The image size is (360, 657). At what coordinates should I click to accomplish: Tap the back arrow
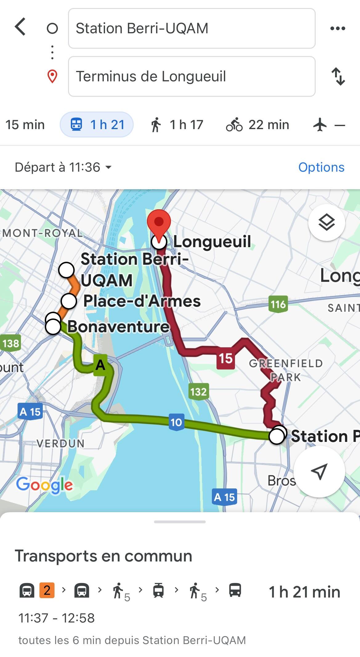click(x=20, y=27)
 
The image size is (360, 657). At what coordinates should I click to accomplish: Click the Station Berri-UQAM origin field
click(x=192, y=28)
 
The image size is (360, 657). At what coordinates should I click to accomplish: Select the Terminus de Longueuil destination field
click(x=192, y=76)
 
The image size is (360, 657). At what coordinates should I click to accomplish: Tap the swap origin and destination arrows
click(x=338, y=76)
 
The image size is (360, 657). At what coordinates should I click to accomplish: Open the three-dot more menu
click(x=338, y=28)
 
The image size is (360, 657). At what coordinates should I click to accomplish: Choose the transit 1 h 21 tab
click(x=97, y=125)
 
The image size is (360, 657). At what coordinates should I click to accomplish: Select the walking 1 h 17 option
click(x=177, y=125)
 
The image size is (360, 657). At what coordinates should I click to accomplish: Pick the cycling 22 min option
click(x=257, y=125)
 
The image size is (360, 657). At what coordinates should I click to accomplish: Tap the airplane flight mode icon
click(x=320, y=125)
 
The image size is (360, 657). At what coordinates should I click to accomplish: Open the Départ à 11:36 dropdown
click(x=63, y=167)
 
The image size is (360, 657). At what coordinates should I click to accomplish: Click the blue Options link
click(x=321, y=167)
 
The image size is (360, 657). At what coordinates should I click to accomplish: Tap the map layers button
click(x=326, y=222)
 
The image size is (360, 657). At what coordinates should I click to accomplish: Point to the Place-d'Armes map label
click(x=142, y=301)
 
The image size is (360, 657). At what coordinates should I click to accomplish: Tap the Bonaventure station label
click(x=118, y=326)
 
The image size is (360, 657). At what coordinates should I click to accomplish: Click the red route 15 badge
click(x=225, y=358)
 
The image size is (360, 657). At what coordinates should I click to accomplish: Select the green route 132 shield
click(x=199, y=392)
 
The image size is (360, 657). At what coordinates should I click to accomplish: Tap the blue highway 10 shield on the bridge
click(x=176, y=422)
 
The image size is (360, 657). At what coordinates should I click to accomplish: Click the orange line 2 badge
click(x=47, y=590)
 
